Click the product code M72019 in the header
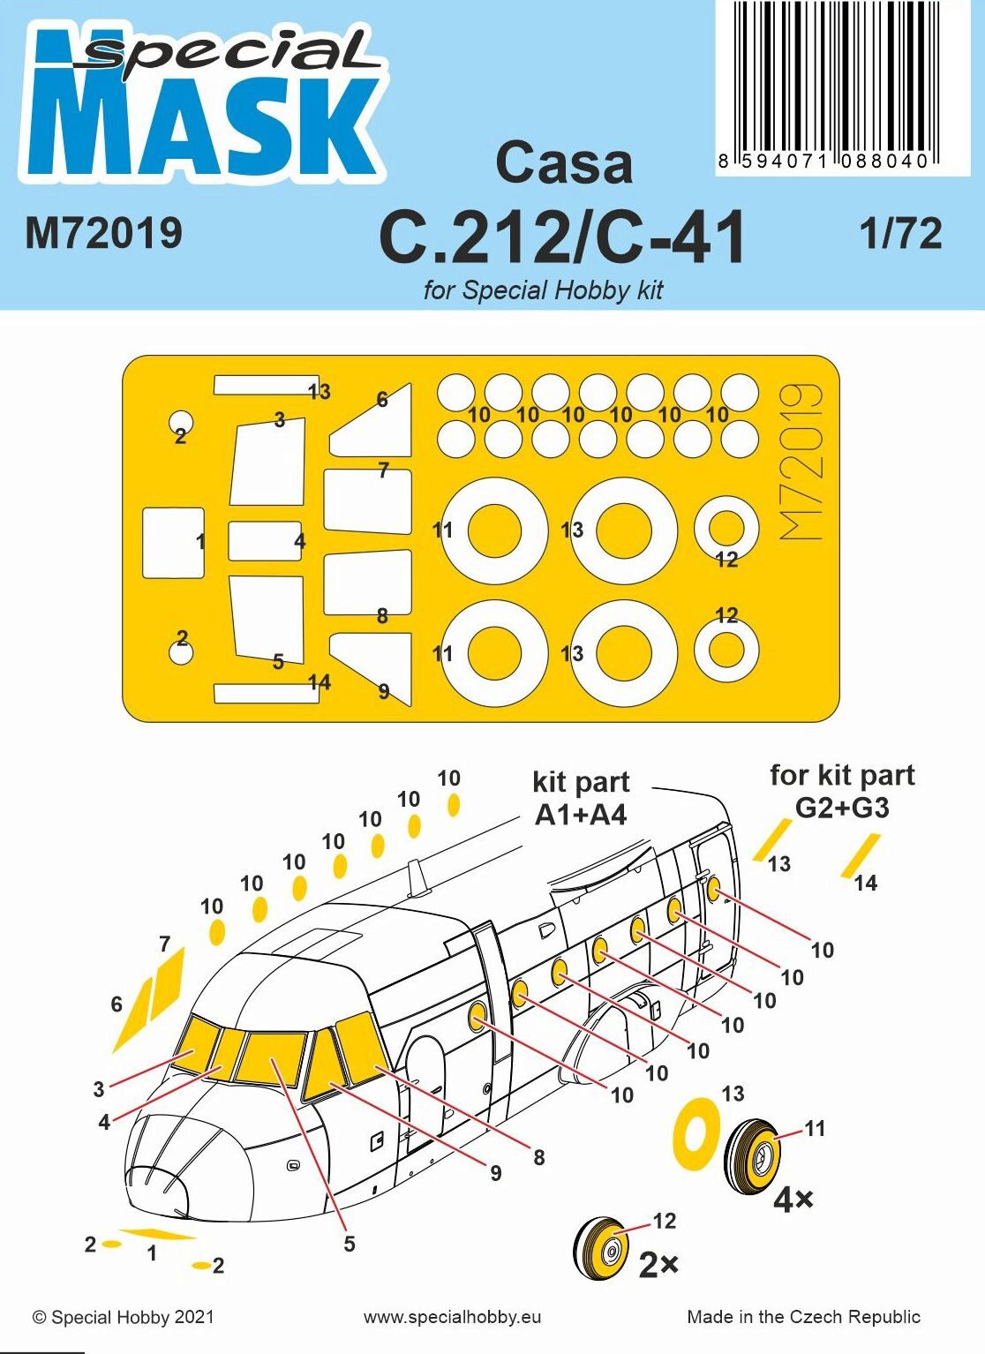tap(103, 232)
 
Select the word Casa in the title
tap(564, 163)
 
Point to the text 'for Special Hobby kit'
tap(543, 290)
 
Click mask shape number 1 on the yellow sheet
tap(173, 543)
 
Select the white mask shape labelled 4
tap(265, 540)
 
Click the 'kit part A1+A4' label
tap(581, 799)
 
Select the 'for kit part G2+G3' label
tap(842, 792)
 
